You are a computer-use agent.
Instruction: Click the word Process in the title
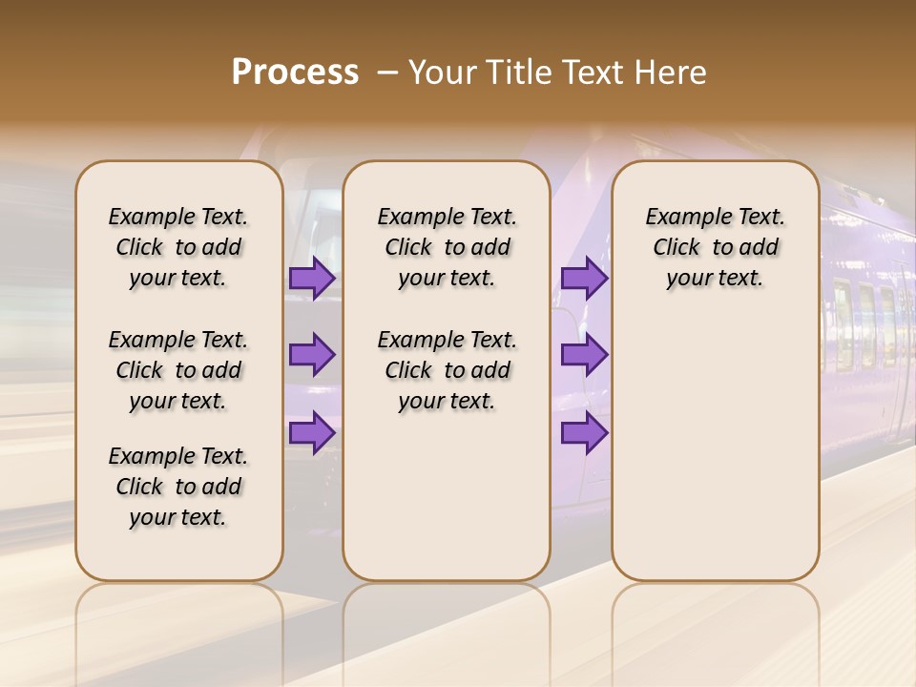click(x=295, y=73)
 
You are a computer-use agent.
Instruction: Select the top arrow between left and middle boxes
click(x=312, y=278)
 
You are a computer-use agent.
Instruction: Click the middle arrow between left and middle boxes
click(x=312, y=355)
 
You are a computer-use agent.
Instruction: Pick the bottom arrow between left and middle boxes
click(x=312, y=433)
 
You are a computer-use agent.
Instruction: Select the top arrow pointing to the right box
click(x=584, y=278)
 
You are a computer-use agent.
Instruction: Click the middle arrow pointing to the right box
click(x=584, y=355)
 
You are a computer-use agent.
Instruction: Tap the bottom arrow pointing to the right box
click(x=584, y=433)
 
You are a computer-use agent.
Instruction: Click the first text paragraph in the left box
click(x=178, y=247)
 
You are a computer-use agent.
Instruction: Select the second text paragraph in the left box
click(x=178, y=370)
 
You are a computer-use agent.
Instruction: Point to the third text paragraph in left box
click(x=178, y=487)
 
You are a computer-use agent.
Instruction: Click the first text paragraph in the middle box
click(x=447, y=247)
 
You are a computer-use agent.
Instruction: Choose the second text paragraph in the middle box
click(x=447, y=370)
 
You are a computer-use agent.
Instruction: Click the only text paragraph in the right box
click(x=716, y=247)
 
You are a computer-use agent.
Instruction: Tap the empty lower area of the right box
click(x=716, y=458)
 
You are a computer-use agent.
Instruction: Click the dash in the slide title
click(x=387, y=73)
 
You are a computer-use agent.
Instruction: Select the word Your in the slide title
click(x=443, y=73)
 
